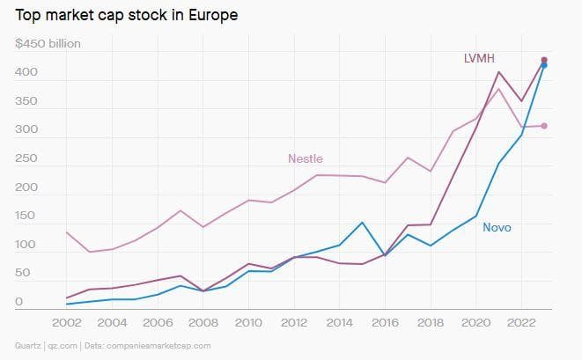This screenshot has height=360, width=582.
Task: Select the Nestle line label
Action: click(x=306, y=158)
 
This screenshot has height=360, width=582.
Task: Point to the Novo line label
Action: click(x=497, y=227)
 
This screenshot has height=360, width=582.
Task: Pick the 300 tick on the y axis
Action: click(x=26, y=129)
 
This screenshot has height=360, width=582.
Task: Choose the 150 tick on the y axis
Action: click(x=26, y=216)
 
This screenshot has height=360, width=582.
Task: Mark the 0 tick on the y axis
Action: click(x=18, y=302)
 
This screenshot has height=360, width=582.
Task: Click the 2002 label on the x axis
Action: click(x=67, y=323)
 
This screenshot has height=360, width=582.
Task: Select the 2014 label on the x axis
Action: click(x=339, y=323)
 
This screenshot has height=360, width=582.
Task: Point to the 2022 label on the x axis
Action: click(x=521, y=323)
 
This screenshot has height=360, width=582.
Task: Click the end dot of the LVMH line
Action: click(x=544, y=60)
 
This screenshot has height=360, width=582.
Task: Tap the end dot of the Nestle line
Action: click(x=544, y=126)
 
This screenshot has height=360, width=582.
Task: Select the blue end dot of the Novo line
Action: click(x=544, y=65)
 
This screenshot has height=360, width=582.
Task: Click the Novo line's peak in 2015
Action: click(x=362, y=222)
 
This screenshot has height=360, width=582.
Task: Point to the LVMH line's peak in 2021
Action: click(x=498, y=72)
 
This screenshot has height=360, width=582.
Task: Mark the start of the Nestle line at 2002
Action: click(x=67, y=231)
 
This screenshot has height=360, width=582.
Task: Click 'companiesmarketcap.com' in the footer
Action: click(x=158, y=346)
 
